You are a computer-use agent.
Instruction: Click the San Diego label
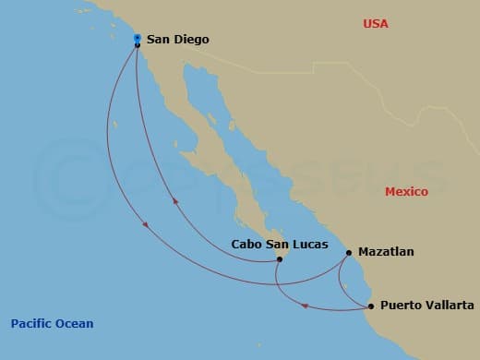[178, 40]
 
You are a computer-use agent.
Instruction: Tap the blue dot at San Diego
[137, 38]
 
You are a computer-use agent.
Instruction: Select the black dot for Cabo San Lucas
[280, 259]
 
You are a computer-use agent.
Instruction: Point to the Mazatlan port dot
[349, 252]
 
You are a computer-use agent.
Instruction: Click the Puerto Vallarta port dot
[370, 306]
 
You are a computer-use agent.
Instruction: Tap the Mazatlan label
[387, 251]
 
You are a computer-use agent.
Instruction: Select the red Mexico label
[406, 192]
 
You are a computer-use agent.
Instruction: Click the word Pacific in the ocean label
[31, 323]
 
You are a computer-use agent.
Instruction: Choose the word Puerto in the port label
[401, 306]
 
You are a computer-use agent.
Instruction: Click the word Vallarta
[449, 306]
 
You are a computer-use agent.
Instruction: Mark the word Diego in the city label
[192, 40]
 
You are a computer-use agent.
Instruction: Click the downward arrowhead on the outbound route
[145, 225]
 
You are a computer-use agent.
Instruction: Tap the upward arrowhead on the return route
[175, 198]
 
